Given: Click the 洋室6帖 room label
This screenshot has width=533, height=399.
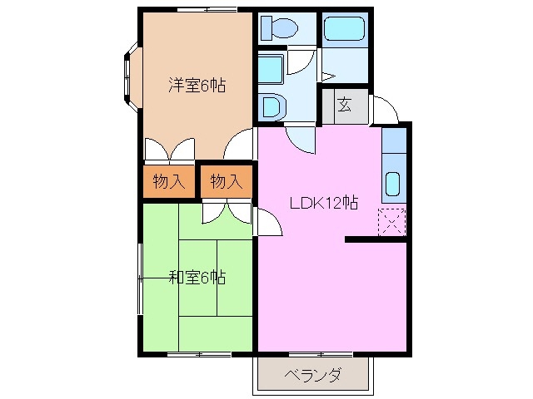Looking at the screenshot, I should (x=197, y=86).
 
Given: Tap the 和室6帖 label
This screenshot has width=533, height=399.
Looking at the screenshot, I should (x=197, y=277).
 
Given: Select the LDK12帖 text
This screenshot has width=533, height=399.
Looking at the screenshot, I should (x=324, y=202).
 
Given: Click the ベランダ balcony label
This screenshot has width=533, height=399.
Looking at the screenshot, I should (x=311, y=374).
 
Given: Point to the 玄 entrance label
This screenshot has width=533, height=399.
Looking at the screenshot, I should (x=345, y=105).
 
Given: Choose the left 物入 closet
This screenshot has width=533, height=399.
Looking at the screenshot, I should (x=169, y=180).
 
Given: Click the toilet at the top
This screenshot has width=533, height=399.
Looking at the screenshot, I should (x=279, y=27).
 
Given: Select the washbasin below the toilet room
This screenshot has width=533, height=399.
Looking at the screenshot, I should (x=271, y=106).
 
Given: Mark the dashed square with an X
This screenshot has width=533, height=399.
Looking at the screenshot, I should (x=391, y=222).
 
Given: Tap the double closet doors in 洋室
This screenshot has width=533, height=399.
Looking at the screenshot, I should (x=169, y=150).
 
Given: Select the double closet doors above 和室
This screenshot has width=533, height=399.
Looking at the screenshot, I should (x=226, y=212).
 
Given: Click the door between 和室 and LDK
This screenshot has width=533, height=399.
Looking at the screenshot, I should (x=266, y=222).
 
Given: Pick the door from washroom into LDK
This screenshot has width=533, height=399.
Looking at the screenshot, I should (x=301, y=139).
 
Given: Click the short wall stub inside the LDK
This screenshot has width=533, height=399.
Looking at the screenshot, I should (x=375, y=240).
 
